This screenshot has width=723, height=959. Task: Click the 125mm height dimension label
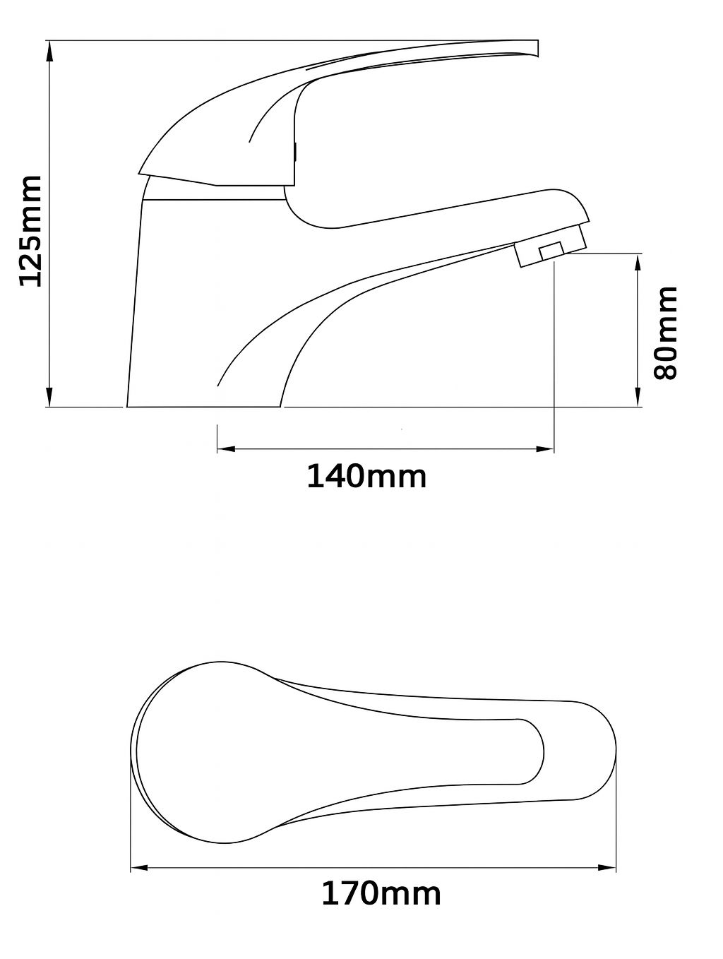coord(30,231)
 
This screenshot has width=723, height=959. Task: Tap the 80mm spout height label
coord(665,333)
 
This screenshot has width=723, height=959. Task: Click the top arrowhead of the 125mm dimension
coord(49,51)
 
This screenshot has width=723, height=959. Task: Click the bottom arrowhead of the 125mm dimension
coord(49,397)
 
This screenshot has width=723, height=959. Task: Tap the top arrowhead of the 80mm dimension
coord(638,263)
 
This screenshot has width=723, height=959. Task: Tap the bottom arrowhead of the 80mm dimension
coord(638,397)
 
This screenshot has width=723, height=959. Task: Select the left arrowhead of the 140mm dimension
coord(227,448)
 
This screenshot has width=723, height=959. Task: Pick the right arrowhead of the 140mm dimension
coord(545,448)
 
